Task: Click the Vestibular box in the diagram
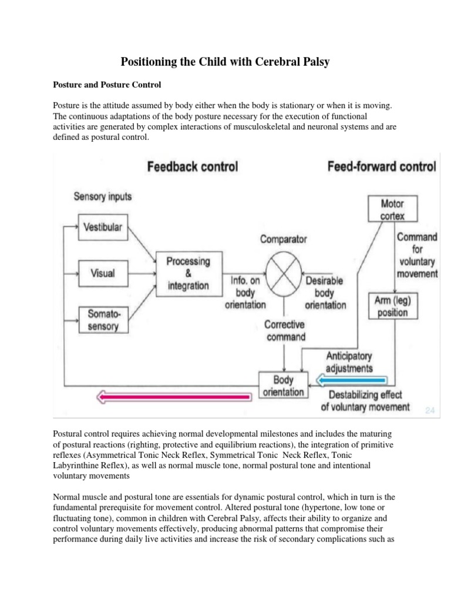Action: [x=103, y=227]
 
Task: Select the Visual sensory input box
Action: [x=103, y=273]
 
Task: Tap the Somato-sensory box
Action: [x=103, y=319]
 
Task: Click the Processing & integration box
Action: [x=187, y=272]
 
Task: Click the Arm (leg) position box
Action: [x=393, y=306]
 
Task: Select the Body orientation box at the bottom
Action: [x=283, y=386]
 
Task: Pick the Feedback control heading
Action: [x=192, y=166]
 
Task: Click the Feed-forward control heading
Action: [x=381, y=166]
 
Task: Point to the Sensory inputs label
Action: [x=103, y=196]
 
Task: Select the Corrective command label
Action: [x=285, y=330]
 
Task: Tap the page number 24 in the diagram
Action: [x=430, y=410]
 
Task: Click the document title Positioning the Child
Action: [x=225, y=61]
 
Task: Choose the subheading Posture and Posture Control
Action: [x=107, y=85]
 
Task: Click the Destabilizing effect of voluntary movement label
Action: [x=365, y=400]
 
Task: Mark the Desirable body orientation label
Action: [x=325, y=293]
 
